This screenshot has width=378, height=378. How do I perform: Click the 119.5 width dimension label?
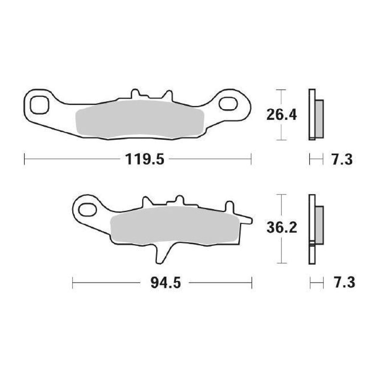[144, 160]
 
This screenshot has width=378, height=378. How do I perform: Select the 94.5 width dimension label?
[165, 283]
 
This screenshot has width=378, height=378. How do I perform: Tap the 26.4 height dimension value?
[281, 115]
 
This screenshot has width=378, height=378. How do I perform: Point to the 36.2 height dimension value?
[281, 229]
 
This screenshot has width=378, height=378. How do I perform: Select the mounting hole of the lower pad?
[87, 210]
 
